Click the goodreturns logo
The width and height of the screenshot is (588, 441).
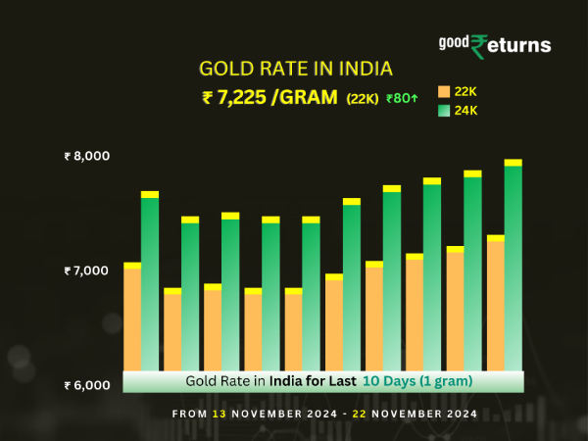[494, 44]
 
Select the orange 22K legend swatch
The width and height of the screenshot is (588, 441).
[443, 91]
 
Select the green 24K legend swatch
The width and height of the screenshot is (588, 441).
[443, 110]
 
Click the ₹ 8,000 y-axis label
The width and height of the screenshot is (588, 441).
[87, 156]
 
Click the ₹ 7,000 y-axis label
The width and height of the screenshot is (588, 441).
[87, 269]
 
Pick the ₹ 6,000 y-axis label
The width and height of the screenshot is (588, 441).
[87, 384]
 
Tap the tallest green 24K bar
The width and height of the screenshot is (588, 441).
[513, 265]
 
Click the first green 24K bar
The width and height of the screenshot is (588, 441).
[150, 284]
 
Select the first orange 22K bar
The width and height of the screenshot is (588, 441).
[132, 318]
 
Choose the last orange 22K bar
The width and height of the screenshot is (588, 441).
[496, 304]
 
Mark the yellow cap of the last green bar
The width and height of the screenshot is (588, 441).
[513, 163]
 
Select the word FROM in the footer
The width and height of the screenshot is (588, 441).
[189, 414]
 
